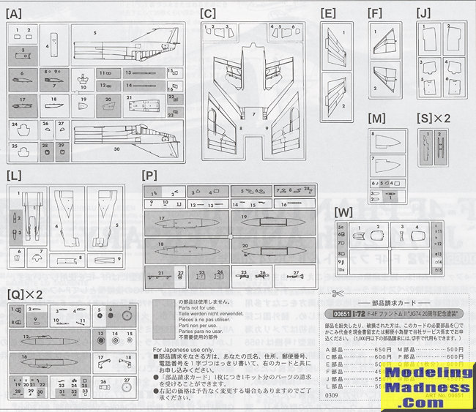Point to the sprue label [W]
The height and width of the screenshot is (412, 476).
pos(344,212)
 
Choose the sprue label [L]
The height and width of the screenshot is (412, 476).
pos(14,176)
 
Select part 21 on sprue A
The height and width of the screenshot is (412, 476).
pos(129,97)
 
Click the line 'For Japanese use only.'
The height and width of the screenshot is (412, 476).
pos(183,349)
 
